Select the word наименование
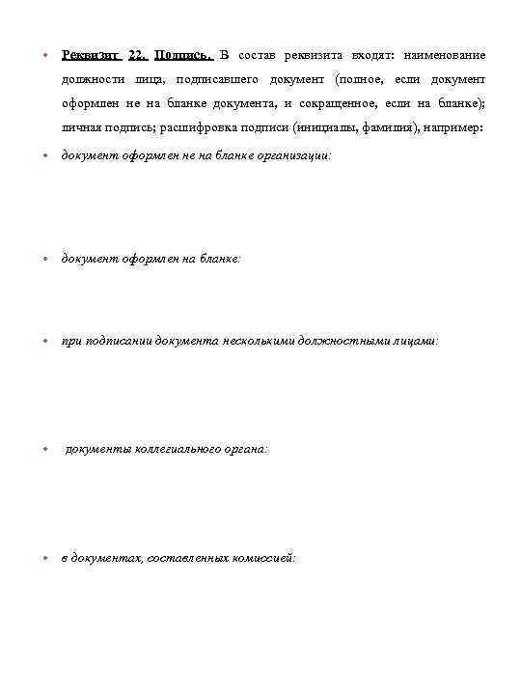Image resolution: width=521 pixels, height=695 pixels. pyautogui.click(x=445, y=54)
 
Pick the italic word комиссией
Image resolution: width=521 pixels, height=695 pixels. pyautogui.click(x=261, y=559)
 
